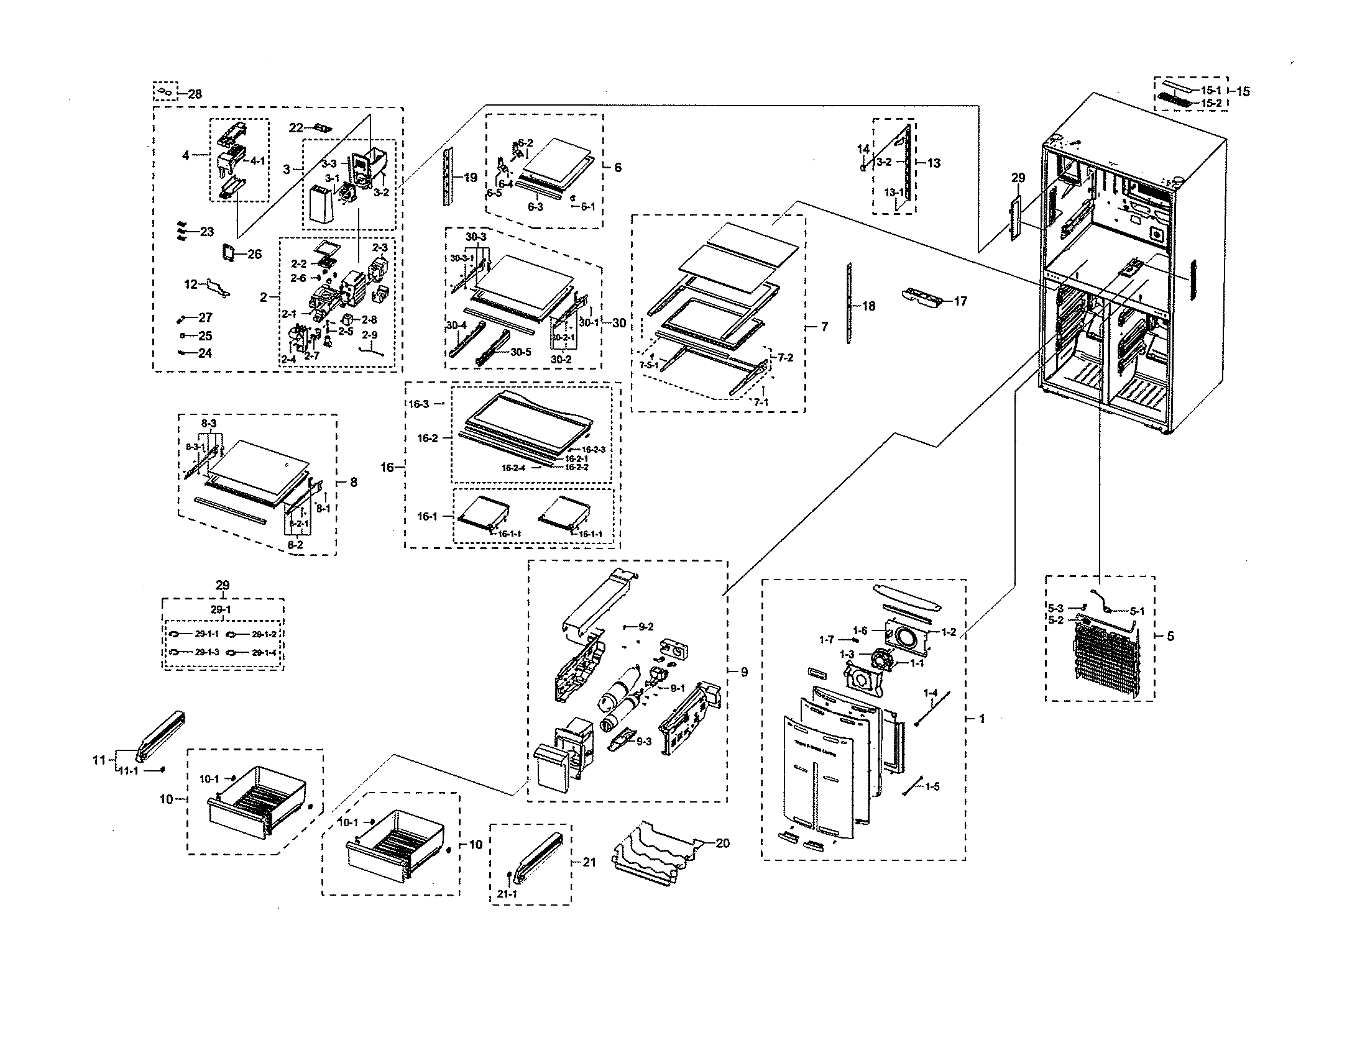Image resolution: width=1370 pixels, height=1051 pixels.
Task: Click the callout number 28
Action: [195, 94]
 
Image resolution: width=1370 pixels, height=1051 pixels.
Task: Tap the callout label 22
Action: [297, 127]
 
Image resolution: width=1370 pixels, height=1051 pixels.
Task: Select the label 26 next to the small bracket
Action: [254, 254]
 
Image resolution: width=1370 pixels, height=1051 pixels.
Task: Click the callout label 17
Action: [960, 301]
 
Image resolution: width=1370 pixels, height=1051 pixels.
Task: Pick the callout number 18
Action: [869, 306]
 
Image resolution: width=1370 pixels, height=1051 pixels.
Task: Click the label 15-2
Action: [1211, 102]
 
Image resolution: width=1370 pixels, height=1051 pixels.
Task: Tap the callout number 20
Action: [722, 844]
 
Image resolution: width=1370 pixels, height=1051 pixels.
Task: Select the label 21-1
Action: [507, 894]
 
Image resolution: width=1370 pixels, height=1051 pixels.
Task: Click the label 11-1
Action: [129, 771]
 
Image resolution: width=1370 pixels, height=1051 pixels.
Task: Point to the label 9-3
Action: [644, 742]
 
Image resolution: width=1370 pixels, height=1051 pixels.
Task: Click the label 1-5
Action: [932, 786]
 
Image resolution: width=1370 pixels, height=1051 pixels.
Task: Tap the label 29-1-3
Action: [206, 652]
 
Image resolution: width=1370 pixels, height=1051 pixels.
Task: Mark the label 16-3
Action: [419, 404]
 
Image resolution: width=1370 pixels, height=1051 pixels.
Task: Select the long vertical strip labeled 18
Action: [849, 303]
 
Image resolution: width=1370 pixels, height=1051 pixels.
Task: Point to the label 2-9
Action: [370, 335]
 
